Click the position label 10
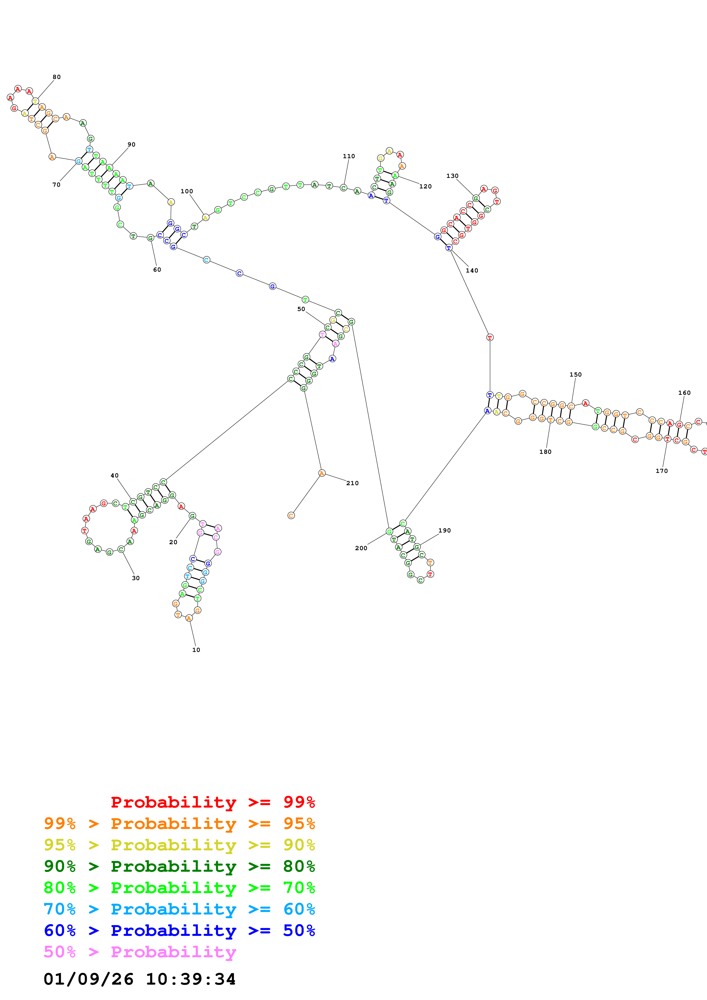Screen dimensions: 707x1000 [x=196, y=650]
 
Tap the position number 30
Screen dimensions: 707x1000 [x=136, y=578]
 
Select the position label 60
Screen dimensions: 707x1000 [x=157, y=270]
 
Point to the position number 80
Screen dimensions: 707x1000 [x=57, y=77]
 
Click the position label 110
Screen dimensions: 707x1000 [x=349, y=156]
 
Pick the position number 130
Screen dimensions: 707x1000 [x=452, y=176]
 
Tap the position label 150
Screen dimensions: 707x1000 [x=576, y=375]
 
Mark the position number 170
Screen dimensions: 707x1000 [x=661, y=471]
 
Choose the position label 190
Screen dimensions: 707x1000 [x=444, y=531]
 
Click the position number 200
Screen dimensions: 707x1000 [x=361, y=548]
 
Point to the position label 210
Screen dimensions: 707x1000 [x=353, y=483]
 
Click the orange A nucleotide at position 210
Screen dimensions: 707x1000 [x=321, y=473]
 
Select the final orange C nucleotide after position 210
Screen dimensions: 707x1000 [x=291, y=516]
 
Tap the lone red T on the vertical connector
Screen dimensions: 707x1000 [x=490, y=337]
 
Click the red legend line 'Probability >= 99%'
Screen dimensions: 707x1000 [x=212, y=802]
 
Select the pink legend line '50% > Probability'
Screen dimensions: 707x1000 [x=139, y=952]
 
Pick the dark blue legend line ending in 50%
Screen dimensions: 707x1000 [x=179, y=930]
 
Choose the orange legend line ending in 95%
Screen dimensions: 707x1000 [x=179, y=824]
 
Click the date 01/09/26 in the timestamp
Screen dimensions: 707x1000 [x=88, y=979]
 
